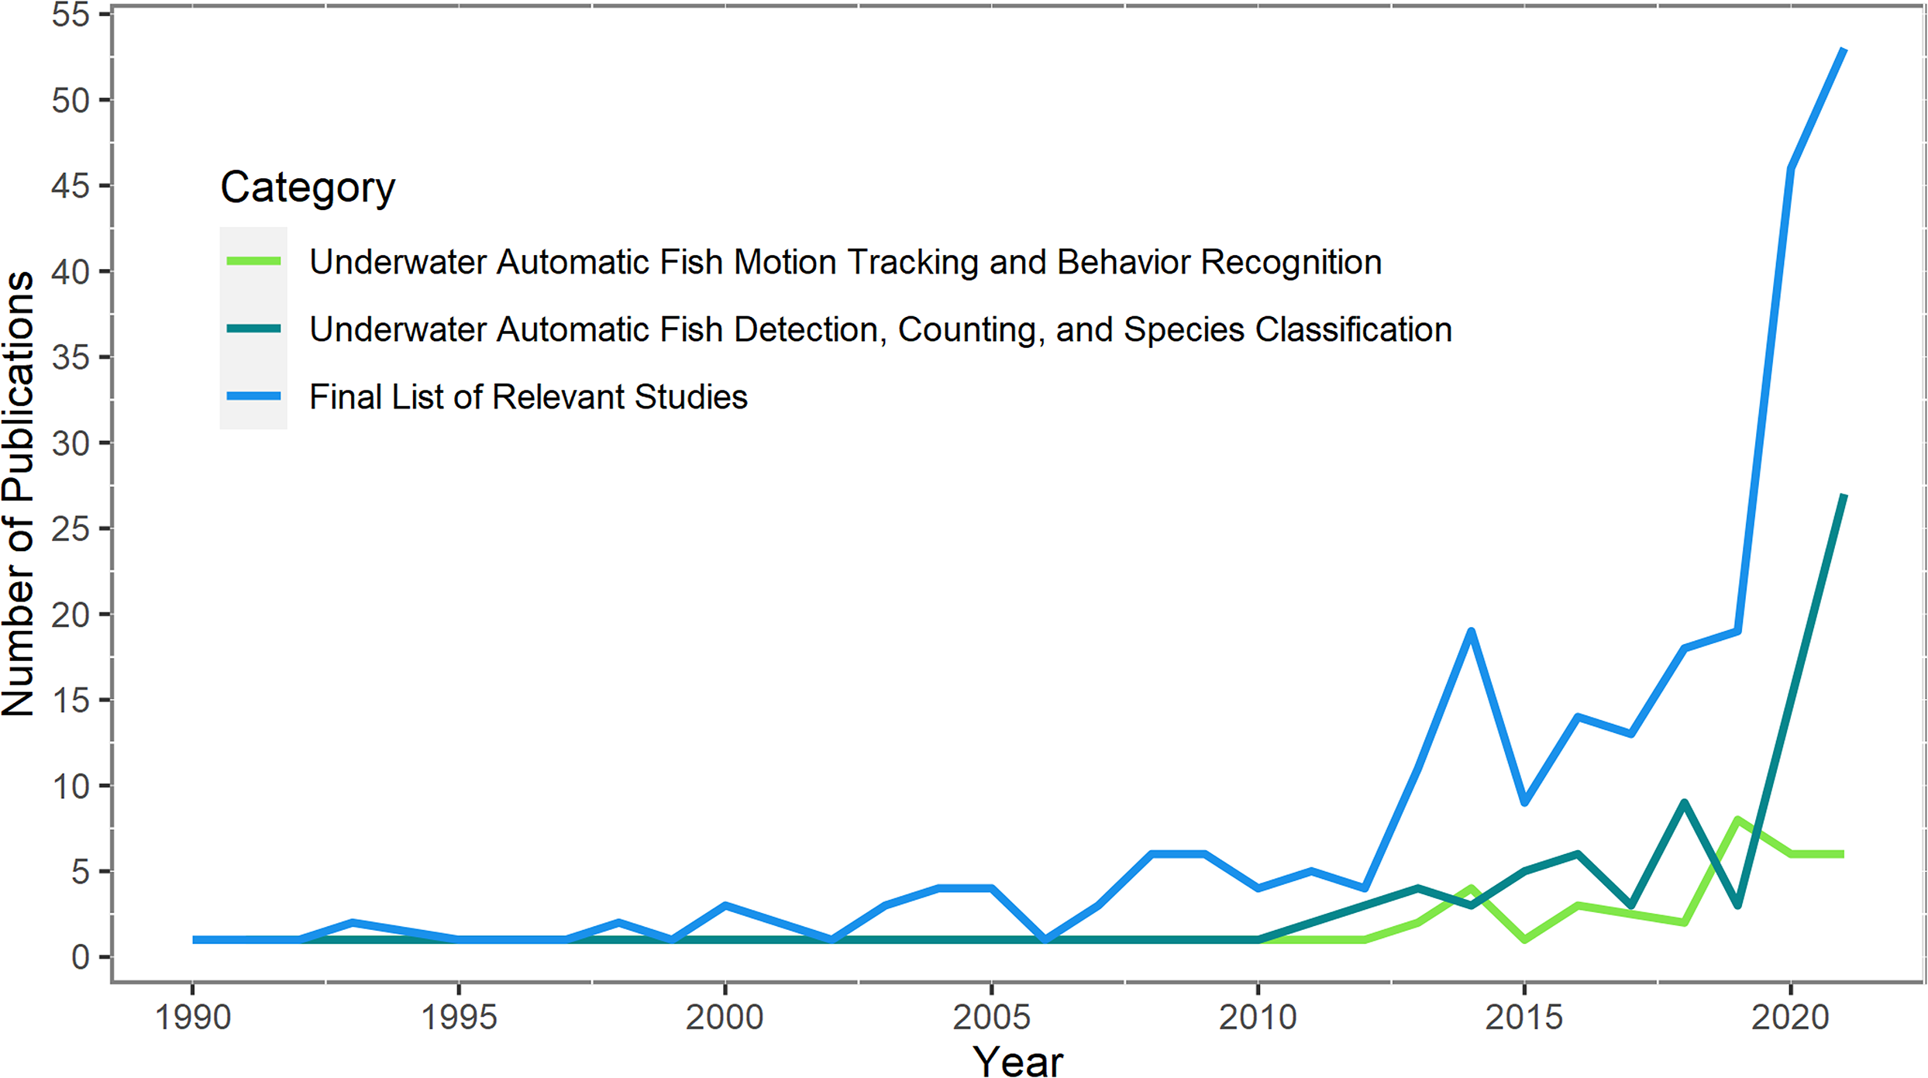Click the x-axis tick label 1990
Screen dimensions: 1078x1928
(x=193, y=1018)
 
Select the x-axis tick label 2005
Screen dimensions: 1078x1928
(x=991, y=1018)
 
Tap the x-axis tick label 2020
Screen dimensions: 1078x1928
(x=1790, y=1018)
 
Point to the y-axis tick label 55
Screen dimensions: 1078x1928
(x=71, y=15)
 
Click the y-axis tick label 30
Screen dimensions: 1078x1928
(x=71, y=443)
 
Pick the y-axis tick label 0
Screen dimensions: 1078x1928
(x=81, y=958)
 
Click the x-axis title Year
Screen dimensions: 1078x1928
(x=1017, y=1059)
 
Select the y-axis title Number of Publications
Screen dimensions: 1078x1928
(x=19, y=494)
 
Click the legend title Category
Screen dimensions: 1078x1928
(x=308, y=187)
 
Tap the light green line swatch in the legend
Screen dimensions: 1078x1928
(x=253, y=261)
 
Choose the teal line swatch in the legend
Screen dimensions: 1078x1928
(x=253, y=329)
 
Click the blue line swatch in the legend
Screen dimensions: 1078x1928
(x=253, y=396)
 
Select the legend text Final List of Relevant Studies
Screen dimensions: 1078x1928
(x=528, y=397)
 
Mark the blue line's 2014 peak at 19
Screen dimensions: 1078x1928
(x=1470, y=632)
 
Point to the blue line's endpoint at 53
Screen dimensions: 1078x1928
(x=1843, y=50)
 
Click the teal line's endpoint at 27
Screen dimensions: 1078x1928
(x=1843, y=496)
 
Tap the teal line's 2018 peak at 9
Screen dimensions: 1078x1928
(x=1683, y=803)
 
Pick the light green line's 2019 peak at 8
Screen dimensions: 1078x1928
(x=1737, y=820)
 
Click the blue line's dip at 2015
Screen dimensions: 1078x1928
(x=1524, y=802)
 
